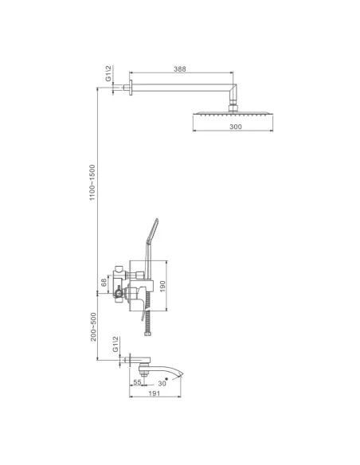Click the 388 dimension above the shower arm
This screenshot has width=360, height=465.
pyautogui.click(x=180, y=68)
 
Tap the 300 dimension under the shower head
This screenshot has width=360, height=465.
pyautogui.click(x=236, y=127)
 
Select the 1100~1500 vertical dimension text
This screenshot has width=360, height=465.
pyautogui.click(x=92, y=182)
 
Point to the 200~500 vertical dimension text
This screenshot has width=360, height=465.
pyautogui.click(x=94, y=326)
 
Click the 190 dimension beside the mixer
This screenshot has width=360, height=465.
pyautogui.click(x=162, y=286)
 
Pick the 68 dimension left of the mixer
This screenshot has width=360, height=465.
pyautogui.click(x=104, y=283)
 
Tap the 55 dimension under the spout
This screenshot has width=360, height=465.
pyautogui.click(x=137, y=382)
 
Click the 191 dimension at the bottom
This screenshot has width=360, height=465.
pyautogui.click(x=155, y=393)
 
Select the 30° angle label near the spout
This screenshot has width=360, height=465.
pyautogui.click(x=162, y=383)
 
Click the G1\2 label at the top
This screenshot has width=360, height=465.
pyautogui.click(x=108, y=73)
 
